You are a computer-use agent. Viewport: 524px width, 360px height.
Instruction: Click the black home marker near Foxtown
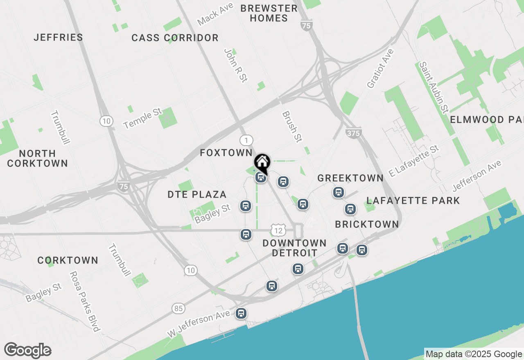[262, 162]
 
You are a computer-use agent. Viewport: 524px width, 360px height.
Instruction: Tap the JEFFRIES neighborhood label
[59, 37]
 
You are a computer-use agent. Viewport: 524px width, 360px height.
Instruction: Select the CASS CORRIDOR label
[175, 38]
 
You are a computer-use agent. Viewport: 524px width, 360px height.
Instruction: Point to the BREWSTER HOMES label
[269, 13]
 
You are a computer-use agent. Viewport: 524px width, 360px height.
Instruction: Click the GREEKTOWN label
[350, 178]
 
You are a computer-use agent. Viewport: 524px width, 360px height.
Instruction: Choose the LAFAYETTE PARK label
[413, 200]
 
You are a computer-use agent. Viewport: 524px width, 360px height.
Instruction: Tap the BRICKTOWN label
[367, 224]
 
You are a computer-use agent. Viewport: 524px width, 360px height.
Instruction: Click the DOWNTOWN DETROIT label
[294, 248]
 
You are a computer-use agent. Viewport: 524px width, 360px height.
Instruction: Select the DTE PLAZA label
[197, 194]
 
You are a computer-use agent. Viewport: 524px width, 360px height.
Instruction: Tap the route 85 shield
[178, 308]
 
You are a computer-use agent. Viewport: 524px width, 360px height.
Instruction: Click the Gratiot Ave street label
[380, 68]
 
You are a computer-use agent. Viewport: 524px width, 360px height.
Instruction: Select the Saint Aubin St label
[433, 87]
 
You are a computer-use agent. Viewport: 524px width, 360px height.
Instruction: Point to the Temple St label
[143, 119]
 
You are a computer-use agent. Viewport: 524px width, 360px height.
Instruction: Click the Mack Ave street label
[215, 13]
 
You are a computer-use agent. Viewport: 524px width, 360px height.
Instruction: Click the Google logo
[27, 351]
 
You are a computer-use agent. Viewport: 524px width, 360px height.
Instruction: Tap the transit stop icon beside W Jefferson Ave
[241, 314]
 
